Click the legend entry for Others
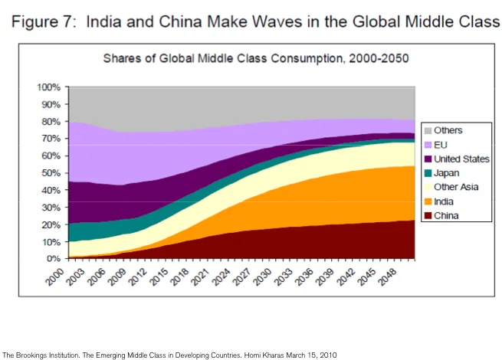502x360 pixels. click(x=448, y=131)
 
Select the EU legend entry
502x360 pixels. click(x=441, y=145)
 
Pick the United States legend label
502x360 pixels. click(x=461, y=159)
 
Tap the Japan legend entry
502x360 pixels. click(x=446, y=173)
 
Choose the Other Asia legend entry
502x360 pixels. click(x=455, y=188)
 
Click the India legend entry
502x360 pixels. click(x=444, y=201)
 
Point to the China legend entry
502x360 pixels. click(x=445, y=215)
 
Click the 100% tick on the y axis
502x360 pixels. click(x=49, y=87)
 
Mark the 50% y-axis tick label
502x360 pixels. click(x=51, y=172)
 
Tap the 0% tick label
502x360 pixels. click(x=54, y=259)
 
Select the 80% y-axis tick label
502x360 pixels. click(x=51, y=121)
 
